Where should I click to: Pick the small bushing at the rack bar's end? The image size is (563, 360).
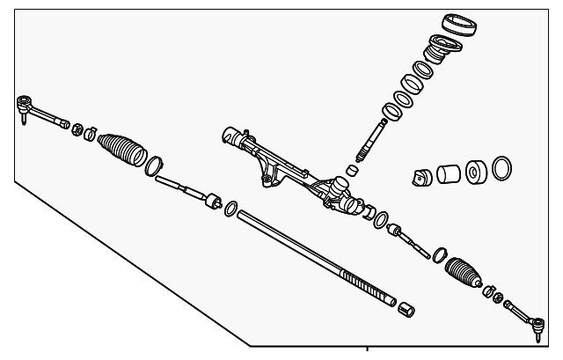(406, 309)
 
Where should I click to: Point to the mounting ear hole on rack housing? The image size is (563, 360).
(265, 181)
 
